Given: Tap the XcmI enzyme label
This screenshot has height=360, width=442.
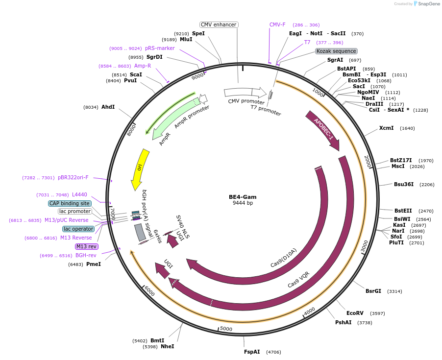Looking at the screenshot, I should pyautogui.click(x=386, y=128).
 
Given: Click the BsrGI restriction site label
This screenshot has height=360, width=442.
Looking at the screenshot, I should pyautogui.click(x=373, y=291).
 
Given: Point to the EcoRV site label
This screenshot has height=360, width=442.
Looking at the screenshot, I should pyautogui.click(x=355, y=313).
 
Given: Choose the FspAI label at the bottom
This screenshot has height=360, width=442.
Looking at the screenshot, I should pyautogui.click(x=252, y=352).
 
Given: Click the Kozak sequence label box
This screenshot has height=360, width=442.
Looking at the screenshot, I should pyautogui.click(x=336, y=51).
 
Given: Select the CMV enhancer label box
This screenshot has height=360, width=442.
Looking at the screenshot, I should pyautogui.click(x=219, y=24).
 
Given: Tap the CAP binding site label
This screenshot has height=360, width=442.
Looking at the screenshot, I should pyautogui.click(x=70, y=203).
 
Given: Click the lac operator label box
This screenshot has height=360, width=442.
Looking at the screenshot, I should pyautogui.click(x=78, y=229).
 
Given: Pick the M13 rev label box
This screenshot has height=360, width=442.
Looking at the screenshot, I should pyautogui.click(x=86, y=246).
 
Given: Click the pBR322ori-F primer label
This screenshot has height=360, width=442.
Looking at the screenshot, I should pyautogui.click(x=73, y=177).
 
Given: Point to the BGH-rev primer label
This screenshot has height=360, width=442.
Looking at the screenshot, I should pyautogui.click(x=86, y=255).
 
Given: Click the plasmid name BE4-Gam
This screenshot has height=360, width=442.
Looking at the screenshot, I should pyautogui.click(x=243, y=197).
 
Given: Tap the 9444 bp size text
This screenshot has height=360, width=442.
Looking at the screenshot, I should pyautogui.click(x=243, y=203).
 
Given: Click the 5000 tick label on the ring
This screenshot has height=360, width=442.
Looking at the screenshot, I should pyautogui.click(x=226, y=329).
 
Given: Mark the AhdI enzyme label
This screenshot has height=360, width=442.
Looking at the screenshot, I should pyautogui.click(x=108, y=107).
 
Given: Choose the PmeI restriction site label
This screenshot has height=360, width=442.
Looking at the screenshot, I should pyautogui.click(x=93, y=264).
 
